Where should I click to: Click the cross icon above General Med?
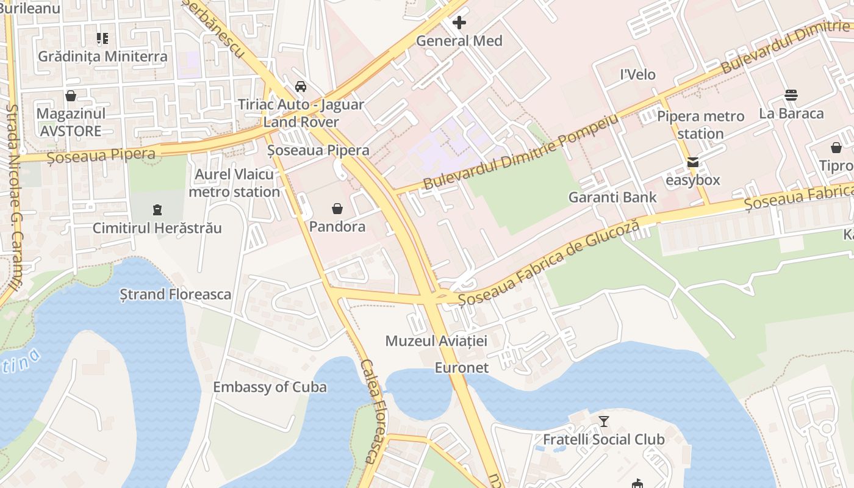[459, 23]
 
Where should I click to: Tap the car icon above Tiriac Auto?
[301, 87]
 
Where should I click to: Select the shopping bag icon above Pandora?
[337, 209]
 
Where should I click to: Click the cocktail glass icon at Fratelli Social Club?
[604, 421]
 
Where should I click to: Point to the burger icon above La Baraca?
[791, 95]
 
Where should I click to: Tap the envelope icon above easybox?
[693, 163]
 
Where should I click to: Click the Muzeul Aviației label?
[436, 341]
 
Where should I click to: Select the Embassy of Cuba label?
[270, 387]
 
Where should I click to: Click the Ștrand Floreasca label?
[176, 295]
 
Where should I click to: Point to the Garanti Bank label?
[612, 197]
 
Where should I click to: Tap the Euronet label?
[462, 368]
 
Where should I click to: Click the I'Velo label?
[637, 75]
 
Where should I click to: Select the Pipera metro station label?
[700, 124]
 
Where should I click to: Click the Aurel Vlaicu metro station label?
[234, 183]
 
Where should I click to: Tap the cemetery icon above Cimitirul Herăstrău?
[157, 210]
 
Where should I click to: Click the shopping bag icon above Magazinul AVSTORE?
[71, 96]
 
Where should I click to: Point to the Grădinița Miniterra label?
[102, 57]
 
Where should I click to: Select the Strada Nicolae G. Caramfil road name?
[14, 201]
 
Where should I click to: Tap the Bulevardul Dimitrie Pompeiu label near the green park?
[520, 152]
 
